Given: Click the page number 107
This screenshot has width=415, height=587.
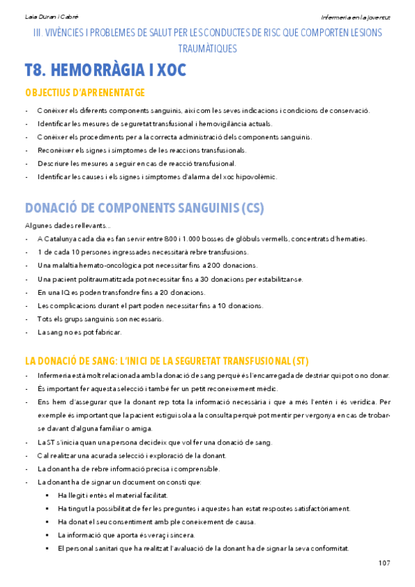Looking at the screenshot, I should (x=385, y=563).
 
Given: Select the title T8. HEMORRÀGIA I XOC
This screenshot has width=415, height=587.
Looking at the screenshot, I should (x=105, y=71).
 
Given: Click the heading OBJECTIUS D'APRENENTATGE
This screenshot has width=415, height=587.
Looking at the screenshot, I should (x=85, y=93).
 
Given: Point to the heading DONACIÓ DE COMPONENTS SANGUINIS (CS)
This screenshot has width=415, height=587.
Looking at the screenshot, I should (x=144, y=208).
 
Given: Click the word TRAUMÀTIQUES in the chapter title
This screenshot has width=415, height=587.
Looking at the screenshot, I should (x=207, y=48).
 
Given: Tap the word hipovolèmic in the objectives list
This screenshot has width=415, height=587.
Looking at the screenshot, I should (x=256, y=177).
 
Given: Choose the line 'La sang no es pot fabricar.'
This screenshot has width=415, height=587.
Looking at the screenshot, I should (x=80, y=332).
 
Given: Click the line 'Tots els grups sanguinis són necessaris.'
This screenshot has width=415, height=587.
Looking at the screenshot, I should (x=100, y=319).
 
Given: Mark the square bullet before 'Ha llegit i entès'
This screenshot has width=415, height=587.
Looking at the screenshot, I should (x=47, y=496).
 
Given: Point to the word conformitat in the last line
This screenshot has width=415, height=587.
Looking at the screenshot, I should (x=328, y=548).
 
